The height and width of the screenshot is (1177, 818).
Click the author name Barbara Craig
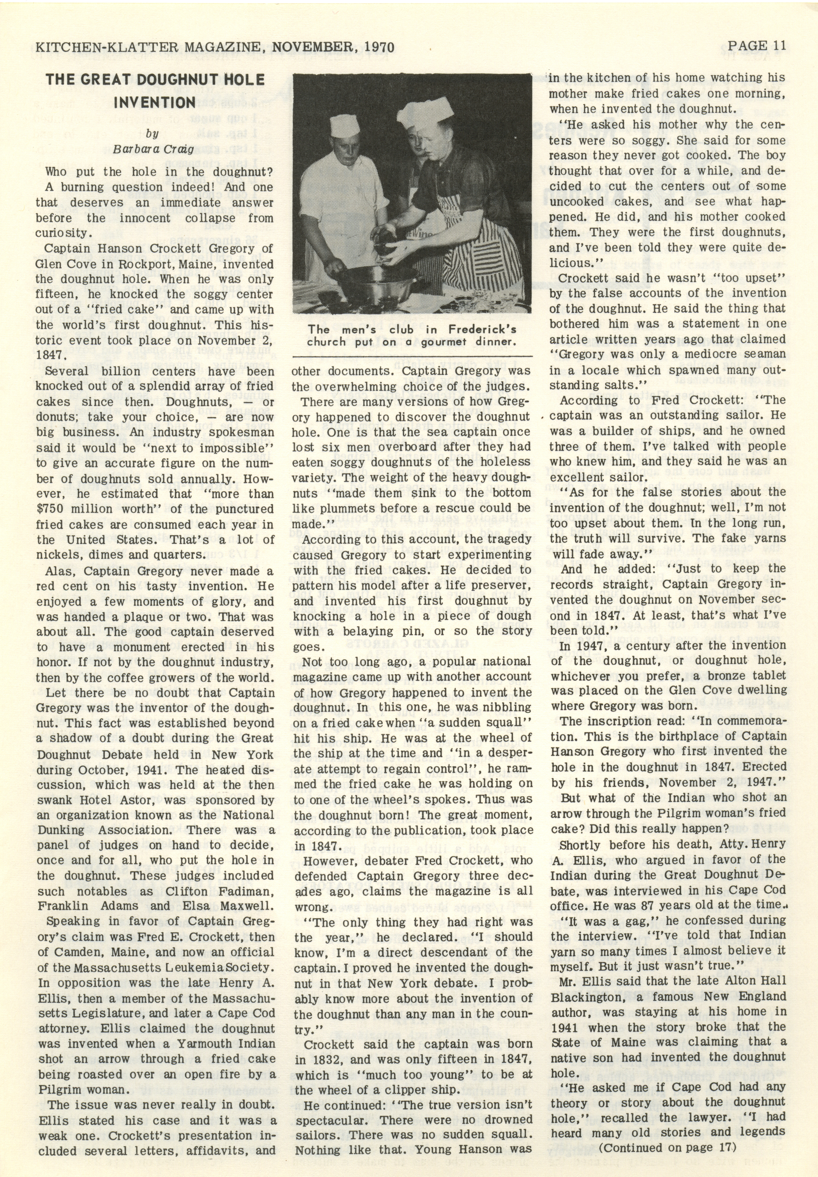[154, 150]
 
